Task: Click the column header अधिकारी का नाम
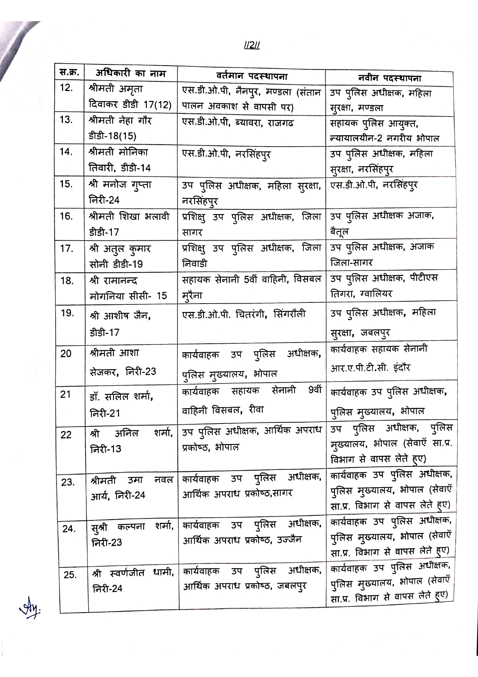(131, 73)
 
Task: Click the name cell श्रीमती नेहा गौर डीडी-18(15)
(120, 128)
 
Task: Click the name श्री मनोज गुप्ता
(120, 184)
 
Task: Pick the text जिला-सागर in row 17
(352, 262)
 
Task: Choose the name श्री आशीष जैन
(120, 316)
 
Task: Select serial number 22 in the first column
(66, 435)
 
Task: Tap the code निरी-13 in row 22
(106, 449)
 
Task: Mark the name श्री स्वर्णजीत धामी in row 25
(133, 573)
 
